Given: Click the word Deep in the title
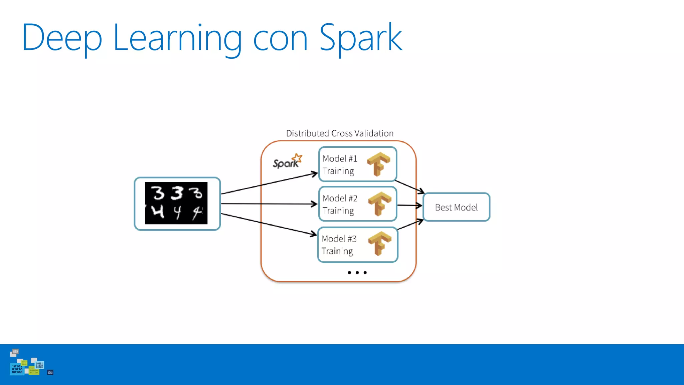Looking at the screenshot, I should tap(62, 37).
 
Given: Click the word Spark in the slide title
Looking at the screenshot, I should tap(361, 37).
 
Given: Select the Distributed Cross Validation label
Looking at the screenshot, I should tap(340, 133).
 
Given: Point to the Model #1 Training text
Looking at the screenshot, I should tap(339, 164).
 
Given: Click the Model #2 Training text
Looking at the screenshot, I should tap(339, 204).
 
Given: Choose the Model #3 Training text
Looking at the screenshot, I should tap(339, 245).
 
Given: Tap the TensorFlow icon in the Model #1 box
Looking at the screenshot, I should tap(378, 164).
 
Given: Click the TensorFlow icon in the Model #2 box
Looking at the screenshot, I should tap(379, 204).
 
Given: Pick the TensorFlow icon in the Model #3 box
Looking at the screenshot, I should tap(379, 243).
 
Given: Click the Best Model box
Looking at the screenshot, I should tap(456, 207).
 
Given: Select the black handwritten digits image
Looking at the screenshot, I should tap(176, 203).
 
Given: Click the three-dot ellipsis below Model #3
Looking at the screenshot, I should tap(357, 273).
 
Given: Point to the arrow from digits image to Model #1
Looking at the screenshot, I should tap(269, 184).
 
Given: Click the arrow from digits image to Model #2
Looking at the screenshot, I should tap(269, 204).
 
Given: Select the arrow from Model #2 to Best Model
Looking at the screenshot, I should tap(409, 205).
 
